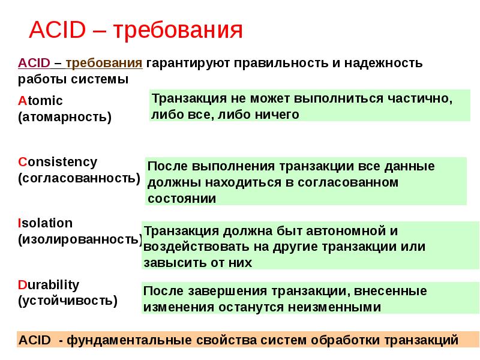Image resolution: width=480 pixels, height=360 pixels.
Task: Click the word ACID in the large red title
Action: point(54,29)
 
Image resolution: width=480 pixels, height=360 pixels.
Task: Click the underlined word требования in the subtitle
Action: point(104,63)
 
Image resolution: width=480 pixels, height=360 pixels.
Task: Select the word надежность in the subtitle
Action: point(391,63)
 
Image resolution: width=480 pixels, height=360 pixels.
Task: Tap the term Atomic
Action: point(40,101)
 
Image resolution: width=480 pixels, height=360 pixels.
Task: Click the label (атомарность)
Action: point(65,116)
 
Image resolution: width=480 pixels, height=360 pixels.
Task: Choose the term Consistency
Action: point(57,162)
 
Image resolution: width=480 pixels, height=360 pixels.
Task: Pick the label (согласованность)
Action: point(79,178)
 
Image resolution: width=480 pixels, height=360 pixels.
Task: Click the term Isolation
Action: point(45,223)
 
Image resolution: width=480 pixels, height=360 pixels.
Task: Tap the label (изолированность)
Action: point(80,239)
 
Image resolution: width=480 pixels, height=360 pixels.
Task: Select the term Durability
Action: point(49,284)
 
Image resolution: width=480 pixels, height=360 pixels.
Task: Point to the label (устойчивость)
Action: point(68,300)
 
